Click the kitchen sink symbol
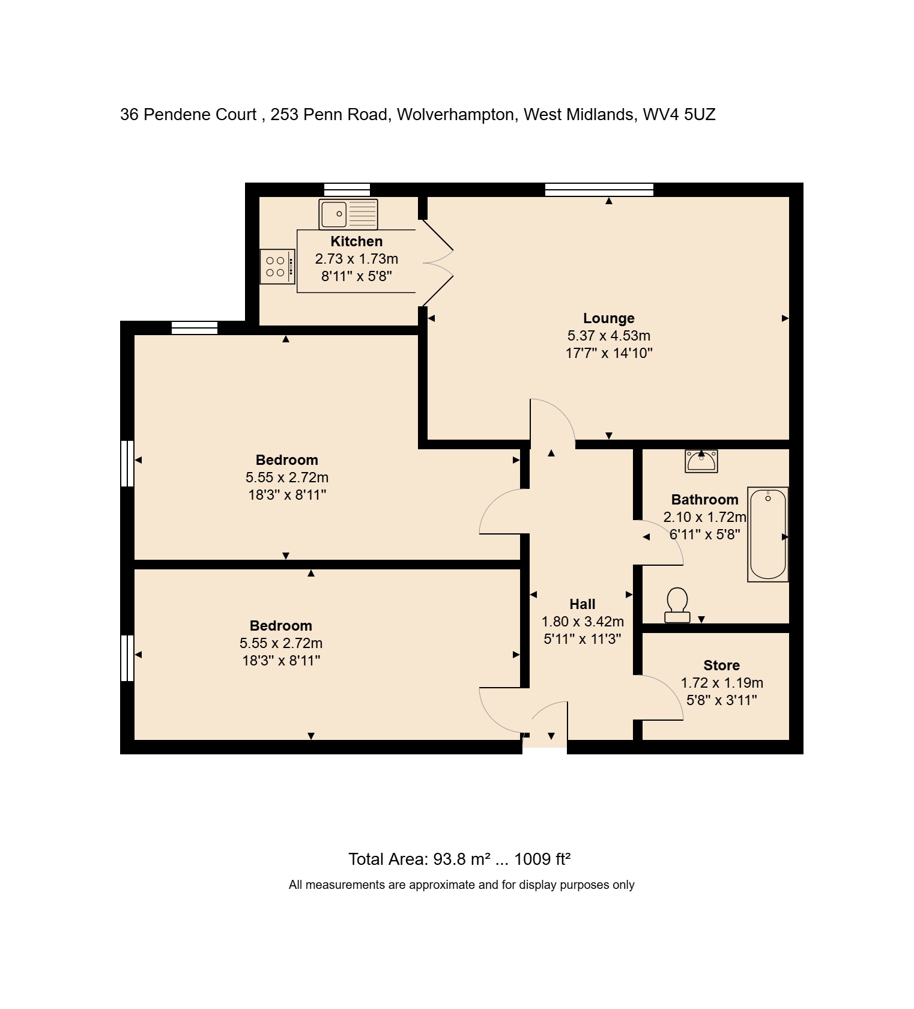point(348,214)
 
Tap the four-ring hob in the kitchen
point(277,267)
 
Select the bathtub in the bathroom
point(767,534)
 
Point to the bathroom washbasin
point(701,461)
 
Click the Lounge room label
point(608,318)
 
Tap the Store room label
point(721,665)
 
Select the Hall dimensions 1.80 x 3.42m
point(582,622)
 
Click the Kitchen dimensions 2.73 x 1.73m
point(356,259)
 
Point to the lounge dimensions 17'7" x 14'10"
point(608,353)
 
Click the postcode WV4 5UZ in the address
point(679,115)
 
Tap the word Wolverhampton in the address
point(455,115)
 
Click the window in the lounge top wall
point(599,190)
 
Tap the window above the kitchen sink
point(347,190)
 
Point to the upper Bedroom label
point(286,460)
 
